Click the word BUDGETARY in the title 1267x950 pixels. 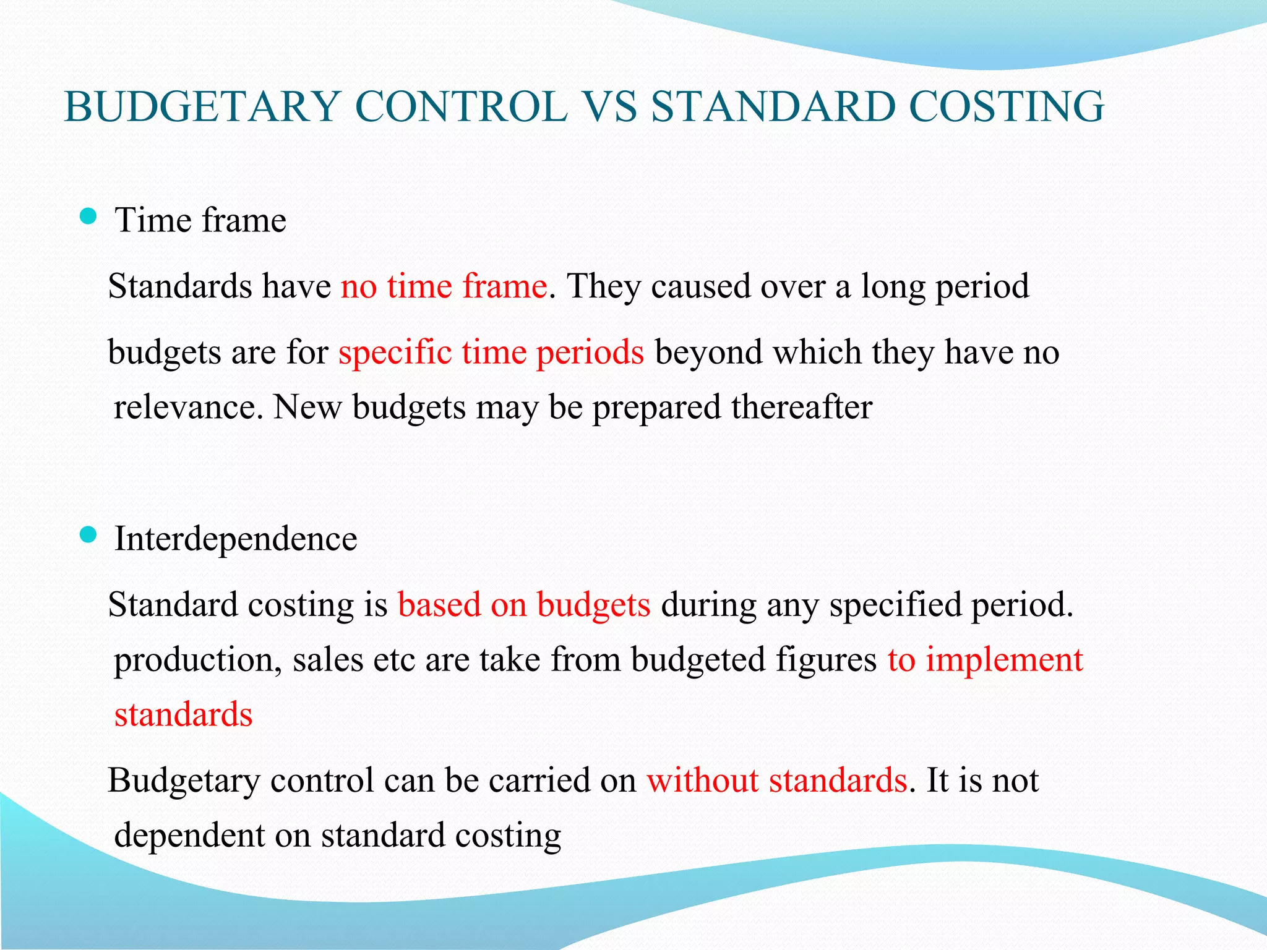[x=202, y=106]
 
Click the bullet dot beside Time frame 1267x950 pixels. [x=88, y=216]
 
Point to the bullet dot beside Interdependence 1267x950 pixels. [x=88, y=534]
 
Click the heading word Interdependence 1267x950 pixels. [x=236, y=538]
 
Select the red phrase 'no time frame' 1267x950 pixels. [x=444, y=286]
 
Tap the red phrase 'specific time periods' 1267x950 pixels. [x=491, y=352]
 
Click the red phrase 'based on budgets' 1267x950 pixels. [x=524, y=604]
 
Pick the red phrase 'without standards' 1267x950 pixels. [x=777, y=780]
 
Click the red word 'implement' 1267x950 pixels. [x=1004, y=659]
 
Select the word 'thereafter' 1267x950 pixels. [x=802, y=407]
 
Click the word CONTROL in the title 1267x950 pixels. [x=461, y=106]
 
